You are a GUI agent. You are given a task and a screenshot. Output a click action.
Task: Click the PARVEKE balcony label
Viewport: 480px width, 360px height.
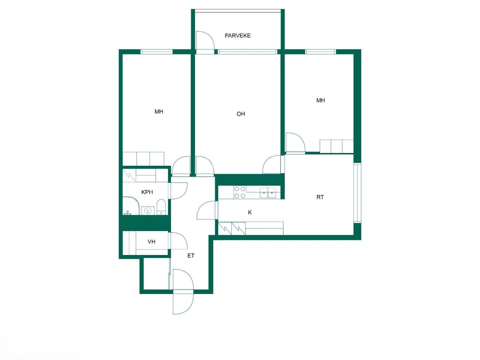tap(237, 36)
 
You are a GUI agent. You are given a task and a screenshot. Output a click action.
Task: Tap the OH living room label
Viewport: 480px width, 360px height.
tap(241, 114)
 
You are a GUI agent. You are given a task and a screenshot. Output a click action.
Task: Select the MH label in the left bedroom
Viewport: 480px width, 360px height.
tap(159, 112)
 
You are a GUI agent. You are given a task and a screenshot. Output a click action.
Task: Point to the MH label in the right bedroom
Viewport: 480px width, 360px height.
tap(321, 100)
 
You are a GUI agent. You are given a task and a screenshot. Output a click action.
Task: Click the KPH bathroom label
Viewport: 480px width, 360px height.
tap(147, 192)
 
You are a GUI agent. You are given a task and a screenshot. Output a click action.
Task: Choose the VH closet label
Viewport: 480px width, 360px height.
tap(151, 242)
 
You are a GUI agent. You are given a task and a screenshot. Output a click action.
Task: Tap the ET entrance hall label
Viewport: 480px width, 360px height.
tap(191, 256)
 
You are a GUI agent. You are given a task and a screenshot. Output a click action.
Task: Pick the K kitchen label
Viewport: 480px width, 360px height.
tap(250, 213)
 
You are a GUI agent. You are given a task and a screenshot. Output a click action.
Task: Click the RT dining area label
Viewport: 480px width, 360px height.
tap(320, 197)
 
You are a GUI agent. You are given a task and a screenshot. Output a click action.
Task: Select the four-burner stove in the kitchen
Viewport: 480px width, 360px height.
tap(240, 192)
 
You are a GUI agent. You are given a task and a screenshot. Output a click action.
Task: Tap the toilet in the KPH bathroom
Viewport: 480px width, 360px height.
tap(161, 207)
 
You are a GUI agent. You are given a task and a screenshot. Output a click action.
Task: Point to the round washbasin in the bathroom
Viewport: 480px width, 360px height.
tap(148, 210)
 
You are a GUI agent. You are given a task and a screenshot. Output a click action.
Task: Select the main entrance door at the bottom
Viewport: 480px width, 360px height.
tap(183, 292)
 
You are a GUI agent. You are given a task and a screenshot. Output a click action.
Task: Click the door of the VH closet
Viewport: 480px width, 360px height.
tap(178, 241)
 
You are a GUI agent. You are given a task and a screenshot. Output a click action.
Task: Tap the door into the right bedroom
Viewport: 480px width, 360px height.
tap(295, 143)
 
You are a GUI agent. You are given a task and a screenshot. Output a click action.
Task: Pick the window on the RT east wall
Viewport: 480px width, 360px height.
tap(357, 193)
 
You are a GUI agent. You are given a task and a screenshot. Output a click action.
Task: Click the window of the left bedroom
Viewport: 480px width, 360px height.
tap(157, 52)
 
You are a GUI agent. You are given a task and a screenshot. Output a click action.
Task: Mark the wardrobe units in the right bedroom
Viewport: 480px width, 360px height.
tap(336, 146)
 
